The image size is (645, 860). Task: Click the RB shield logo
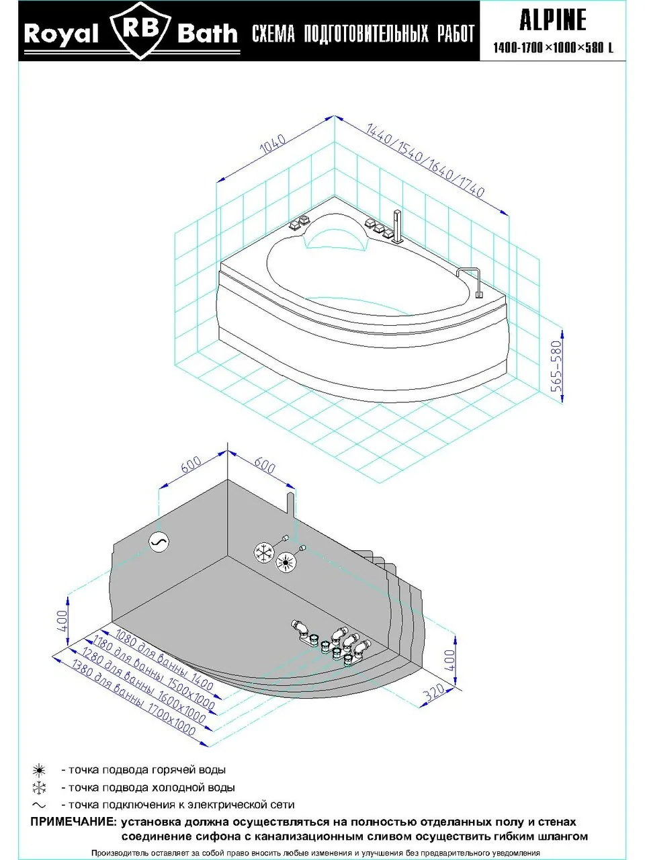140,30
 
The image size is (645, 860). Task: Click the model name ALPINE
552,20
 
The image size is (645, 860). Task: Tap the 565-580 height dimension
556,366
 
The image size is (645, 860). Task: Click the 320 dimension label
435,691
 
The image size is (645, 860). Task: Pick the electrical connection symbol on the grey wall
159,542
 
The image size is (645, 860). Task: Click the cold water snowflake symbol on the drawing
264,553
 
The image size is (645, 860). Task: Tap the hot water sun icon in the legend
39,770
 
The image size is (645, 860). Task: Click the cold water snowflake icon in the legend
39,787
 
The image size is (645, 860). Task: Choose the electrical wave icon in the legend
39,805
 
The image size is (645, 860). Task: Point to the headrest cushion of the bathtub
334,235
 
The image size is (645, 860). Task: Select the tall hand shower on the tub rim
397,227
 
